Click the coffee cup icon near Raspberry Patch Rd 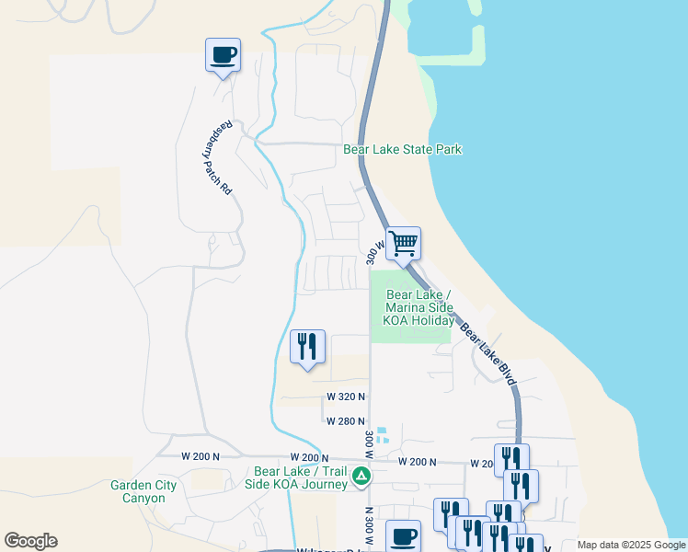coord(223,56)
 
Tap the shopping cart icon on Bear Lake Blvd coord(403,245)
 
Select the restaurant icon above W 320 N coord(307,346)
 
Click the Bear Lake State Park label coord(402,149)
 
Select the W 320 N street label coord(346,397)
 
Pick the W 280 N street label coord(346,421)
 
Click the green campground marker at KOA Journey coord(362,477)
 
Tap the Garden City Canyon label coord(138,491)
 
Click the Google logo coord(30,541)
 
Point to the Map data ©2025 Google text coord(631,545)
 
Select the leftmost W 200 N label coord(201,456)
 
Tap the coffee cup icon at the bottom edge coord(402,536)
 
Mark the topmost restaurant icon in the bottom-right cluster coord(511,459)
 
